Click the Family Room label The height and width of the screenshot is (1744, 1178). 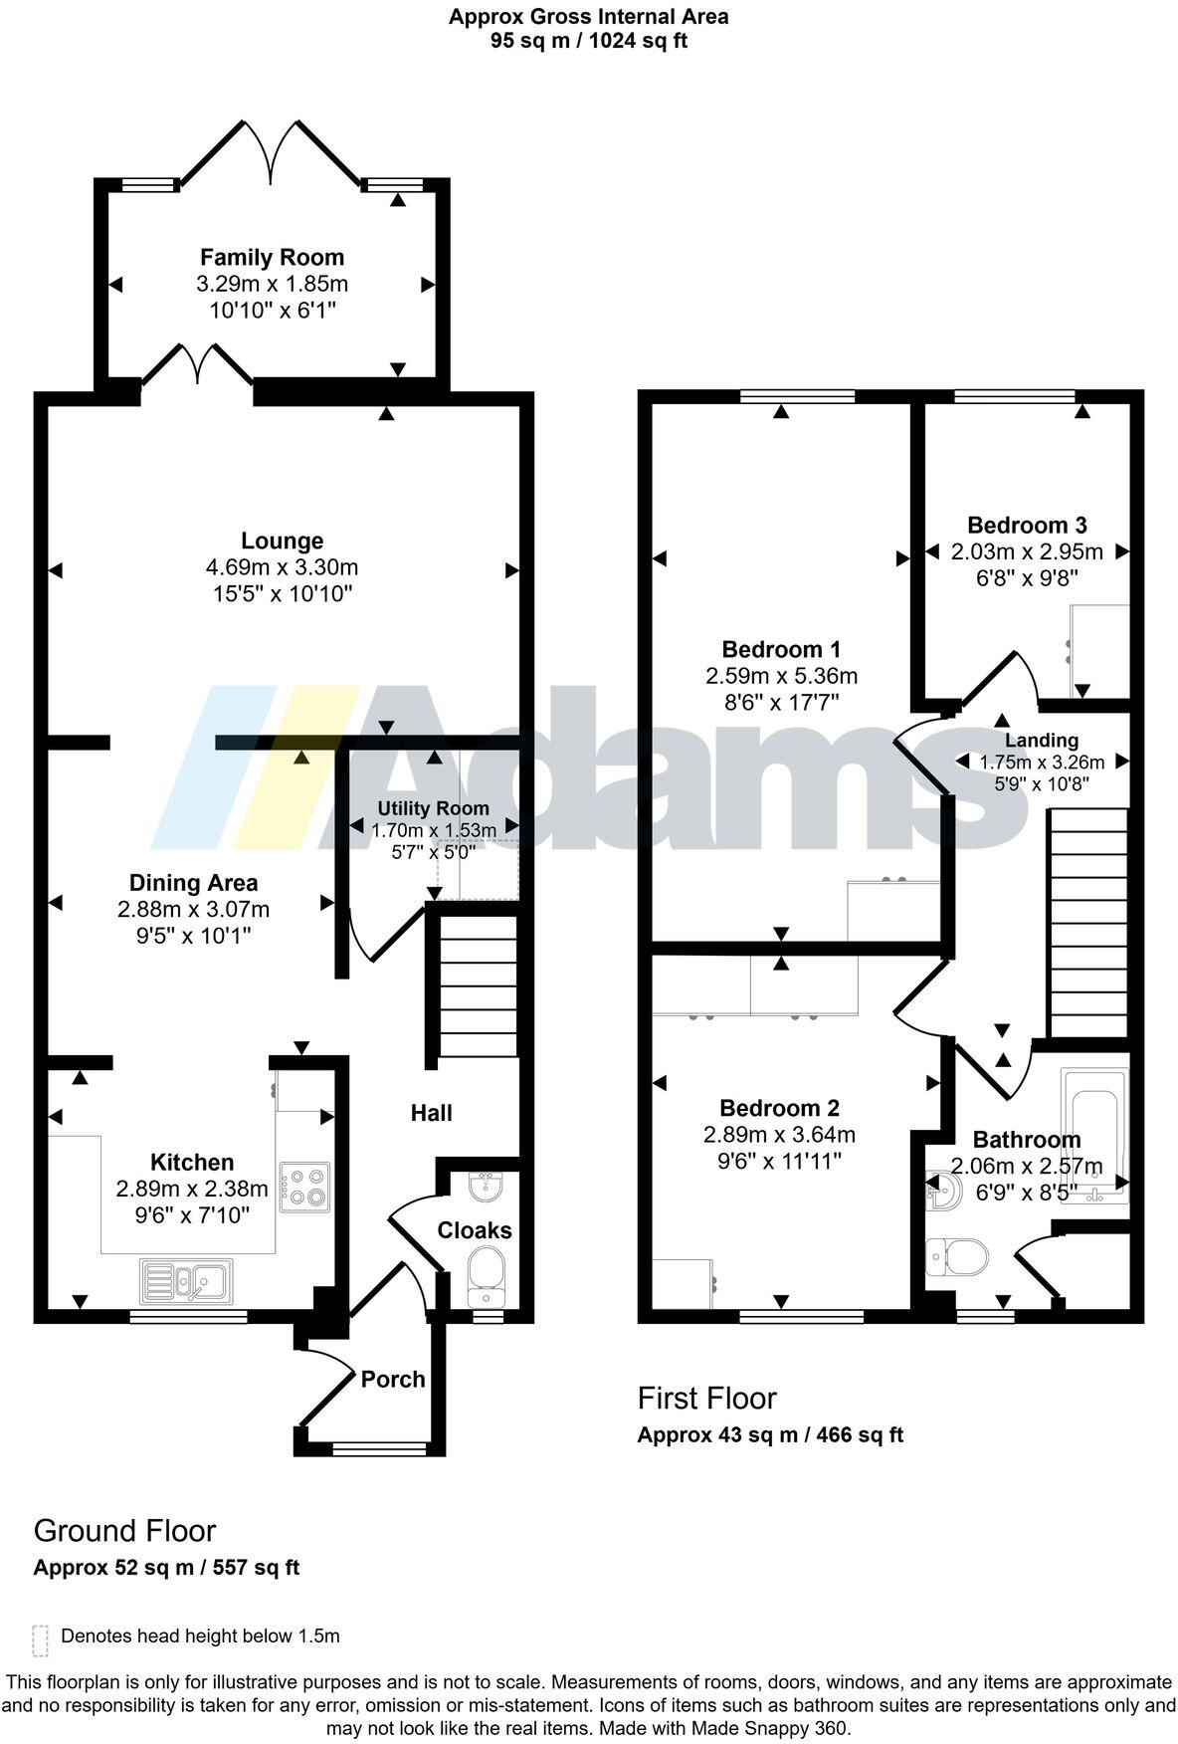[x=272, y=258]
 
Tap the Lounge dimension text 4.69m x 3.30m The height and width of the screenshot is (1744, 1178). [x=282, y=567]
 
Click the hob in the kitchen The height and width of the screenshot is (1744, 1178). [x=304, y=1187]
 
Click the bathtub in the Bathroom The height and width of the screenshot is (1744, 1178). [x=1094, y=1135]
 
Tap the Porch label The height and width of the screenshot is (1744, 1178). [x=392, y=1380]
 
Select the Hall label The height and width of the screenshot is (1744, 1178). [x=431, y=1113]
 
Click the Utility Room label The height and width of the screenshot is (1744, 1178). [x=433, y=808]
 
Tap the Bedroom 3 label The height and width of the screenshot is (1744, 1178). [x=1027, y=525]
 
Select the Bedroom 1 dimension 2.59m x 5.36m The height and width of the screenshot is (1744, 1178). [x=781, y=676]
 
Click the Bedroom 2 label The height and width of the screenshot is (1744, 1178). [x=779, y=1108]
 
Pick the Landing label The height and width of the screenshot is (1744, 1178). [x=1041, y=741]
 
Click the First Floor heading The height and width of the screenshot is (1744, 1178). [x=706, y=1399]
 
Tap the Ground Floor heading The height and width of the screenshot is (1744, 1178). [x=124, y=1531]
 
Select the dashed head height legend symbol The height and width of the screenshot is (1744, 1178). [x=40, y=1640]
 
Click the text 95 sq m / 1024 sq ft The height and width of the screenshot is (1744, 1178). [x=588, y=41]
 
